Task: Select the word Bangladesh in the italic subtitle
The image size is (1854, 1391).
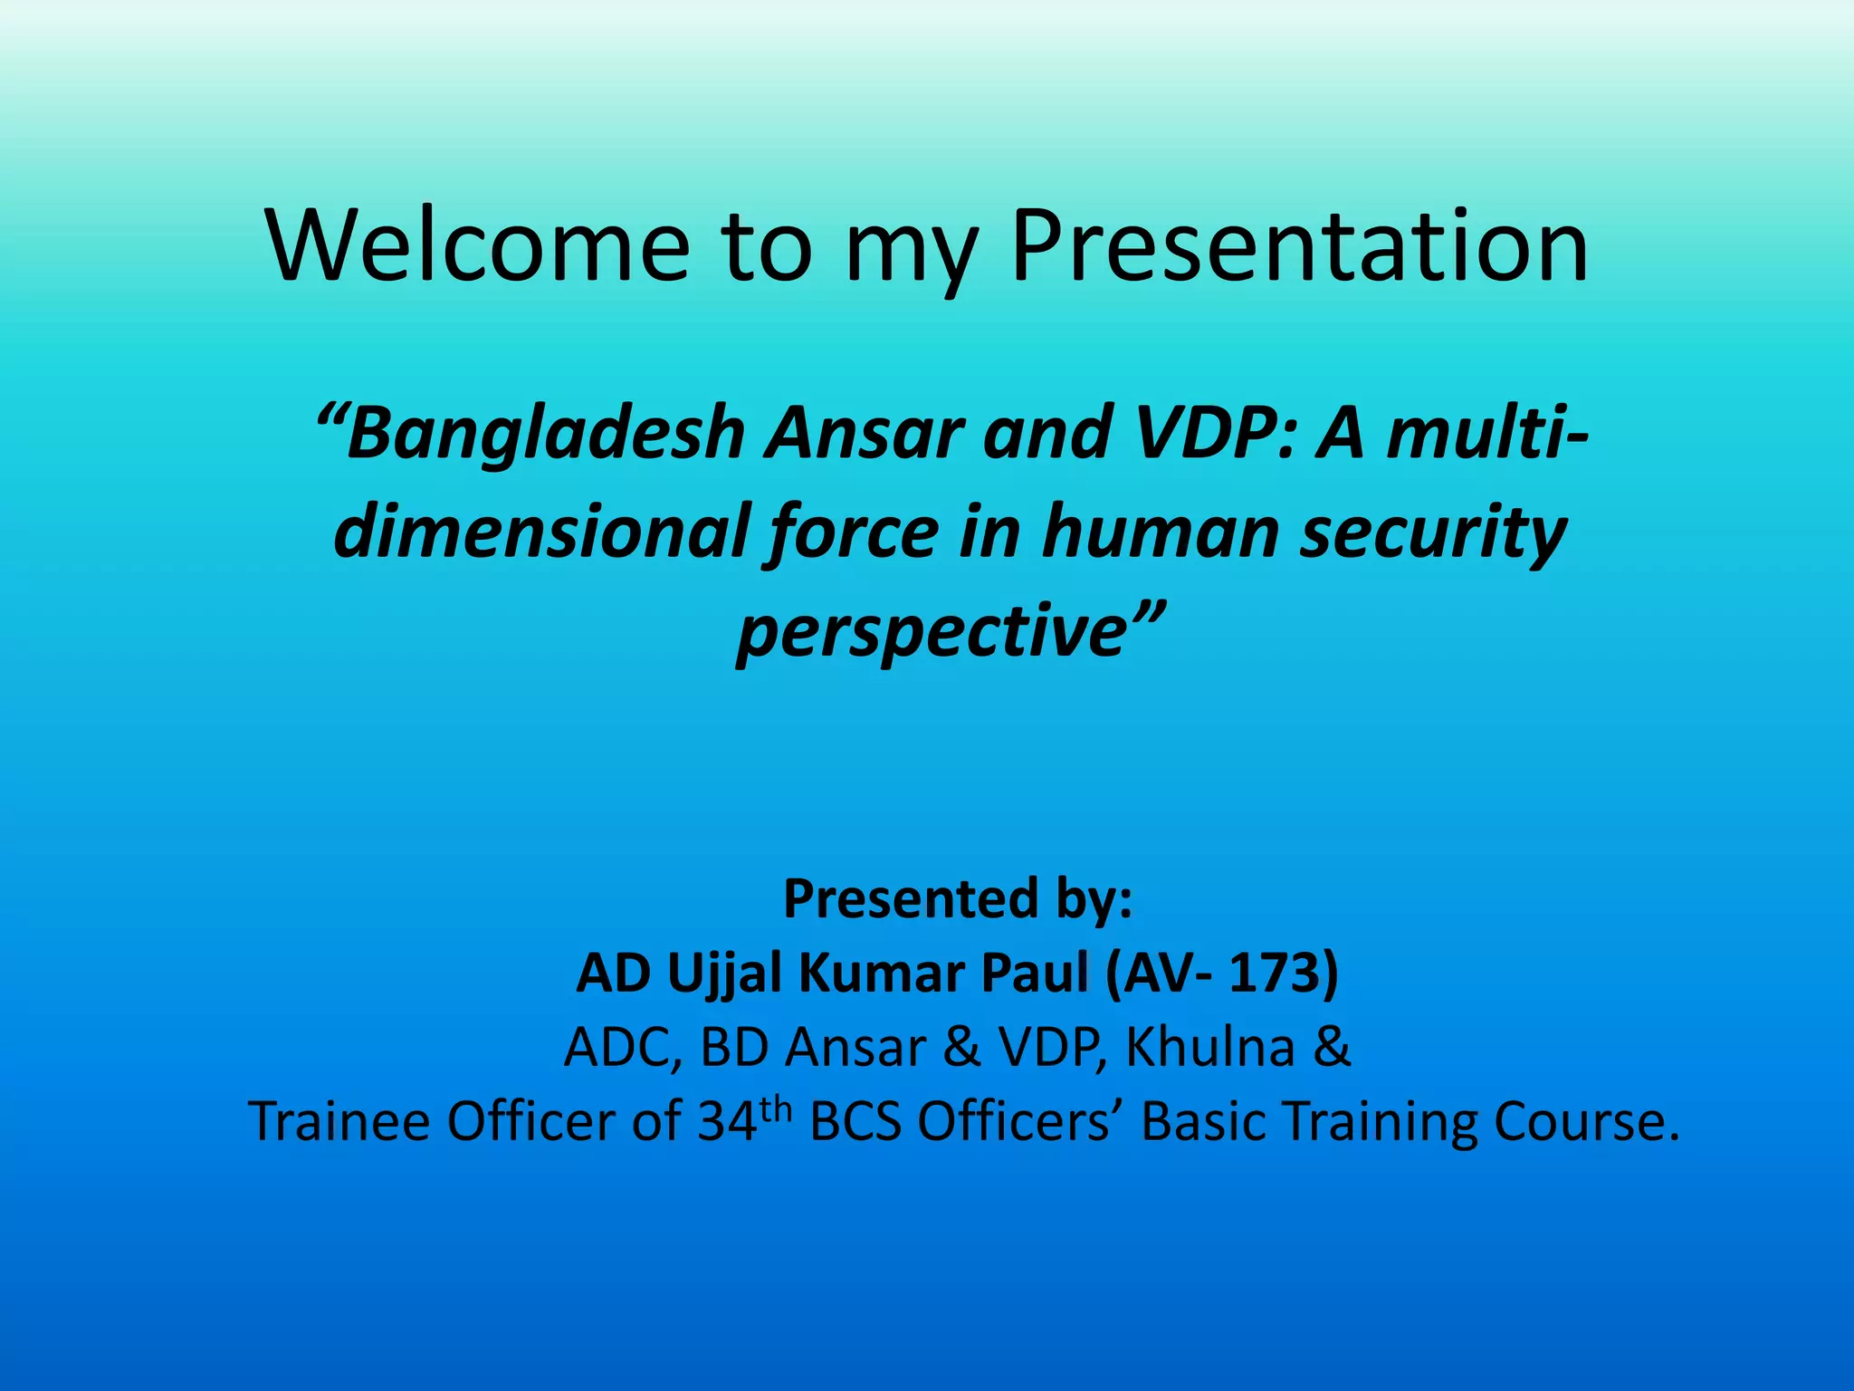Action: (545, 433)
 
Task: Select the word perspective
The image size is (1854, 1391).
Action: (931, 631)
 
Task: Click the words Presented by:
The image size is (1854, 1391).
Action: (957, 899)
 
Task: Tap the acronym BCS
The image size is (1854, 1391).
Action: (855, 1122)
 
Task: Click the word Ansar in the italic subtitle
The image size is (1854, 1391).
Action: (864, 433)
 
